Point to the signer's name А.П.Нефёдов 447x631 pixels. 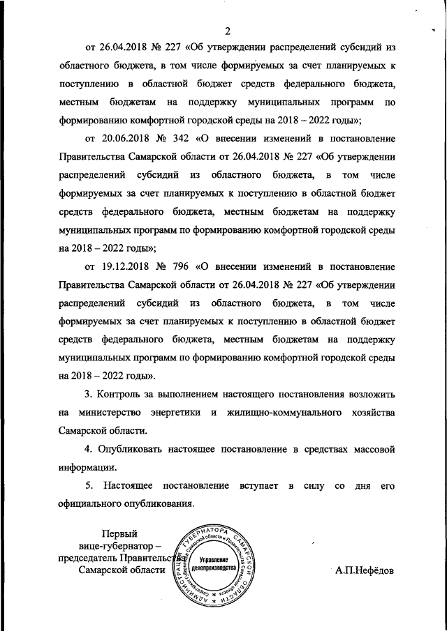[364, 570]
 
